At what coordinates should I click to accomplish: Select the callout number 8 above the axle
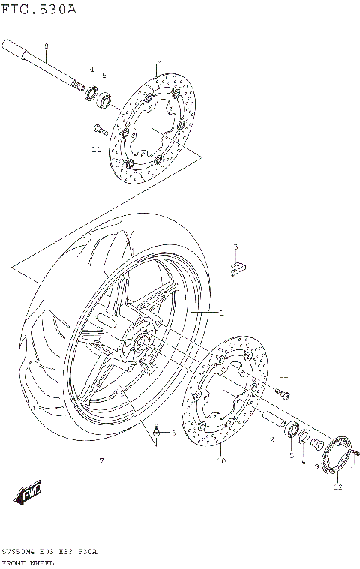pyautogui.click(x=46, y=46)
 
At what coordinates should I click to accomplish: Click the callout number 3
pyautogui.click(x=235, y=247)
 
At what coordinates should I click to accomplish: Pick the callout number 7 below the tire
pyautogui.click(x=101, y=461)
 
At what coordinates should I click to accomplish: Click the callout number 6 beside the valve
pyautogui.click(x=172, y=433)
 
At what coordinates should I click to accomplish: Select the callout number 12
pyautogui.click(x=337, y=487)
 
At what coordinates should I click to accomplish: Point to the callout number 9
pyautogui.click(x=317, y=466)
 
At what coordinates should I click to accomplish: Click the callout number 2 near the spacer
pyautogui.click(x=271, y=439)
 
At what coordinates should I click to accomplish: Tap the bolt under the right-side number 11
pyautogui.click(x=283, y=391)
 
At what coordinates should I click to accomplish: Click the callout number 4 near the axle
pyautogui.click(x=91, y=70)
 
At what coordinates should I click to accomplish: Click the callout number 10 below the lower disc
pyautogui.click(x=220, y=461)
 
